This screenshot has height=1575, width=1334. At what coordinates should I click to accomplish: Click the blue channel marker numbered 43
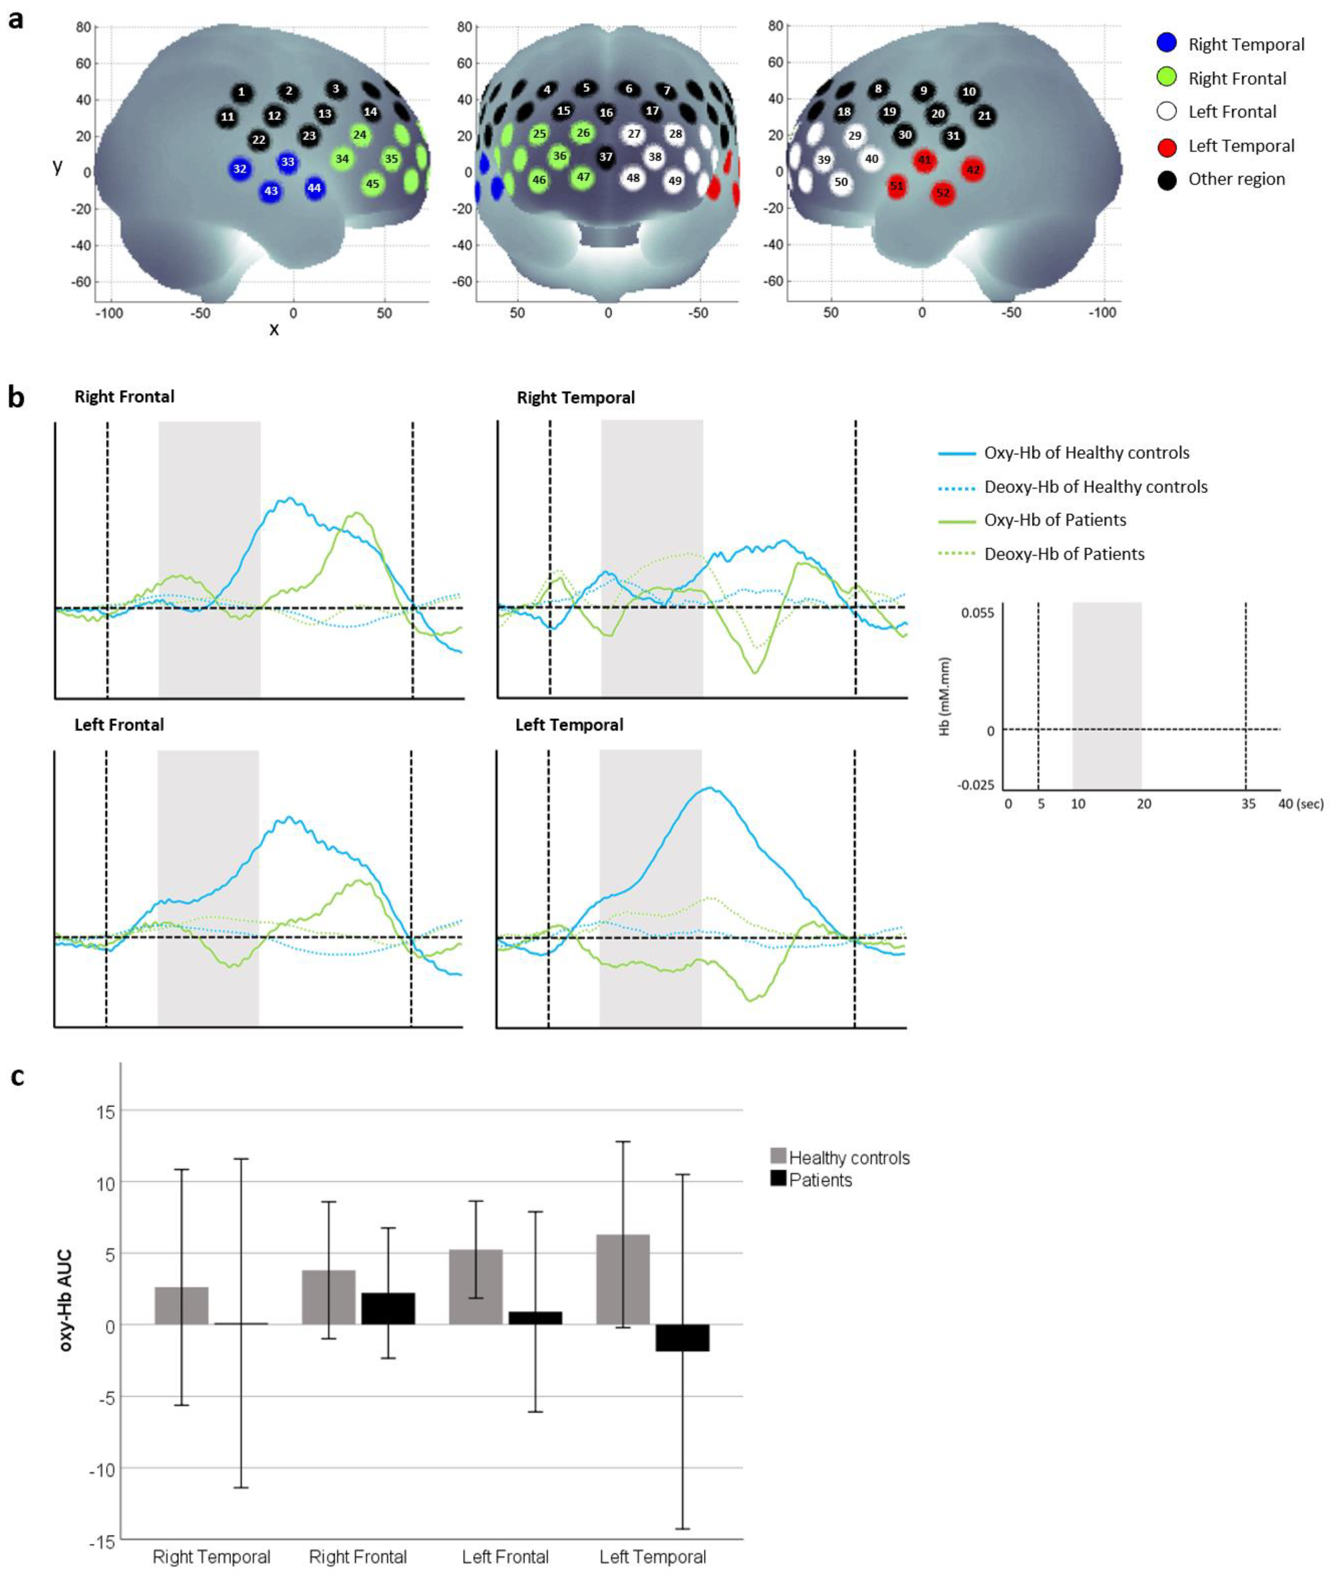click(271, 191)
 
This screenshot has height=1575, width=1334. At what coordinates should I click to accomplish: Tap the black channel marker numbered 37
click(606, 157)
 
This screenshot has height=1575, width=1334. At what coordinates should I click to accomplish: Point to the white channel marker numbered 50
click(841, 182)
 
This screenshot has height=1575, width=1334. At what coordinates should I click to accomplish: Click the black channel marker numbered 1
click(241, 92)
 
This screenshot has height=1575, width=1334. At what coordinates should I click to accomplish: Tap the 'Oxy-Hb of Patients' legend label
click(1055, 520)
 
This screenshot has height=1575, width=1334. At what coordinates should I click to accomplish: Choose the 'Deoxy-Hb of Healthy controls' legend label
click(1095, 487)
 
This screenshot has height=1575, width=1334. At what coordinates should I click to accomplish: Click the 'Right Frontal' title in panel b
click(124, 397)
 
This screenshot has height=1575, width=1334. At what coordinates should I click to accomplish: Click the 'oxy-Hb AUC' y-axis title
click(66, 1300)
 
